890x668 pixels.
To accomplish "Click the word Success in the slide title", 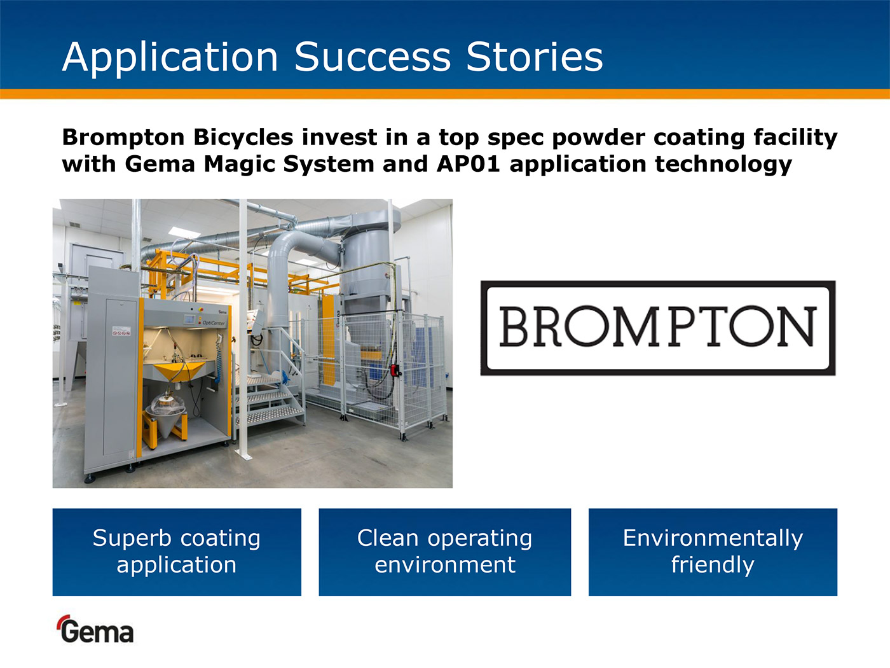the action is [x=373, y=57].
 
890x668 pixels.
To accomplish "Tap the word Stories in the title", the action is [x=535, y=57].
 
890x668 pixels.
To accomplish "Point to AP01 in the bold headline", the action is [x=469, y=164].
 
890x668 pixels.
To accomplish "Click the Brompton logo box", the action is [x=658, y=328].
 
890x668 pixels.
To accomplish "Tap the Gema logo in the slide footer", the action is [x=96, y=629].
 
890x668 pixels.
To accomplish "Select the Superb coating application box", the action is [x=177, y=552].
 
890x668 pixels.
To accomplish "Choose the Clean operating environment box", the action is [x=445, y=552].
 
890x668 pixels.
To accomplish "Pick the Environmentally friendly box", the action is [x=713, y=552].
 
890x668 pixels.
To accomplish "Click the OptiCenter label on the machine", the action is [x=213, y=323].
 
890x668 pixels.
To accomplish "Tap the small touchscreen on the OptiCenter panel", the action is [x=189, y=319].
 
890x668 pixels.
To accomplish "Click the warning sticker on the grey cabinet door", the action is [x=121, y=331].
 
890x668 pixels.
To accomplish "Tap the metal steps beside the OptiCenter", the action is [x=270, y=401].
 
